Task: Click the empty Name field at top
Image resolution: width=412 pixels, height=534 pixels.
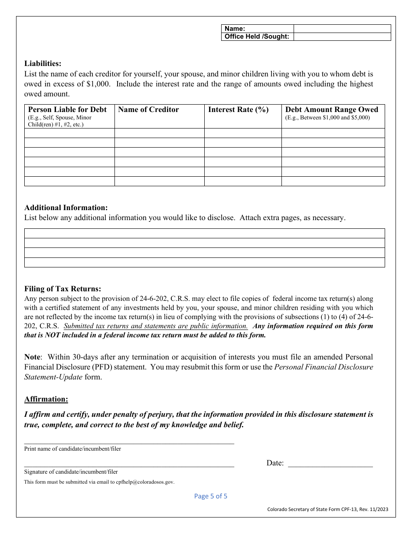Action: tap(342, 29)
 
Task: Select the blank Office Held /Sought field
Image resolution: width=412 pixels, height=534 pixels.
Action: tap(342, 37)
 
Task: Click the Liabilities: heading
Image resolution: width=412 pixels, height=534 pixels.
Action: tap(43, 63)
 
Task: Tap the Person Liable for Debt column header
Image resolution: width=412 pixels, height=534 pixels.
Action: tap(67, 110)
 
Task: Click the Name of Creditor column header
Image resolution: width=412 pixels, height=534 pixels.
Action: tap(148, 110)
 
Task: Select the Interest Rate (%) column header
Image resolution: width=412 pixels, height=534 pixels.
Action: tap(238, 110)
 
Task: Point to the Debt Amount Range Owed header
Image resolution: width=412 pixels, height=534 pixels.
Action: tap(331, 110)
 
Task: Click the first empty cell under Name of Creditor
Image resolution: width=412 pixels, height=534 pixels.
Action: tap(159, 133)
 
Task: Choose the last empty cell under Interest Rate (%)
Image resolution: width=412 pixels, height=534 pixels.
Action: tap(243, 181)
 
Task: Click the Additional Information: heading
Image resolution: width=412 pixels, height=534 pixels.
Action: tap(66, 208)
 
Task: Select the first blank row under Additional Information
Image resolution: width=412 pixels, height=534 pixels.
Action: tap(204, 234)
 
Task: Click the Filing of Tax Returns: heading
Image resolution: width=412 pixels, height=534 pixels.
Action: tap(62, 289)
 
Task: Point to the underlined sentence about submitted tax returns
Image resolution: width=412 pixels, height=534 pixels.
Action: tap(156, 326)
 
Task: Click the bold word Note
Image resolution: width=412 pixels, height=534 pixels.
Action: tap(32, 357)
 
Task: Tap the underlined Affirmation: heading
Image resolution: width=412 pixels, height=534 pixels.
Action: tap(46, 399)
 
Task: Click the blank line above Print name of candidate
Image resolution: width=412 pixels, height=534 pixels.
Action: tap(129, 441)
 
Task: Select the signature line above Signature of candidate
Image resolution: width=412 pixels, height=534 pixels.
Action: tap(129, 464)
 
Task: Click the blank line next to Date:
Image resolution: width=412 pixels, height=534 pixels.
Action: tap(330, 464)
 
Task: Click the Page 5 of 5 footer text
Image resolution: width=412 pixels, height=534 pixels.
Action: tap(210, 496)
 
